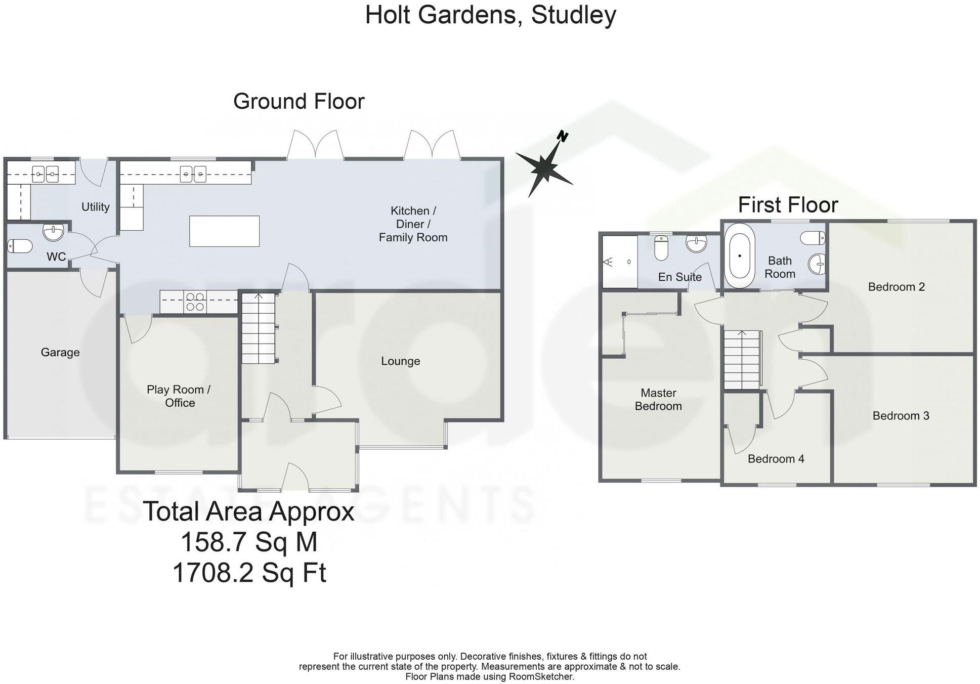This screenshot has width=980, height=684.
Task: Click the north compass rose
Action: click(x=544, y=165)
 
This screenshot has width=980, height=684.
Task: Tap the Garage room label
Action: click(x=60, y=352)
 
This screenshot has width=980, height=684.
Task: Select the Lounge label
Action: click(x=400, y=361)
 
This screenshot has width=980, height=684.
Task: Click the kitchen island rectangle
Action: click(x=224, y=231)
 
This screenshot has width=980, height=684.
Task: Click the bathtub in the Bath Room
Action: click(x=740, y=256)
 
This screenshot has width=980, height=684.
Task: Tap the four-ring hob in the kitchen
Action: click(x=195, y=302)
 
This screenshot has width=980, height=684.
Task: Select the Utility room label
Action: click(x=95, y=206)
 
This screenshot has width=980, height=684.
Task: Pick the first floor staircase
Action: click(x=742, y=360)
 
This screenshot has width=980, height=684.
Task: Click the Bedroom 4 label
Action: click(x=776, y=459)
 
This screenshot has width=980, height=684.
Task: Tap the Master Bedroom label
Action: click(x=658, y=399)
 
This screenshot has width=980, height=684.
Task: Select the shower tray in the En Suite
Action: click(x=619, y=262)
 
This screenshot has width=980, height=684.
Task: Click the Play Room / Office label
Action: click(x=179, y=396)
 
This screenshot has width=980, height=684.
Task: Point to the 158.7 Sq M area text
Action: click(x=249, y=542)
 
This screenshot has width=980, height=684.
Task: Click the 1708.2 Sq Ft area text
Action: click(x=249, y=573)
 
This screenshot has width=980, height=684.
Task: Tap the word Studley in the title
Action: click(x=574, y=15)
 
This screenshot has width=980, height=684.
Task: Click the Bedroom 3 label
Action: click(x=901, y=416)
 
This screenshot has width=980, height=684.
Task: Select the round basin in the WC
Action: click(x=54, y=232)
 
